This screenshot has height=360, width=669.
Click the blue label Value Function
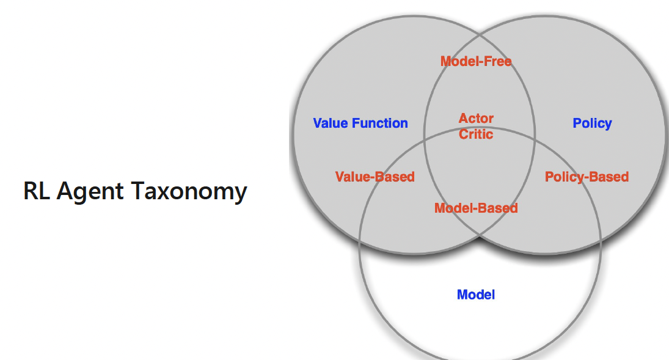pyautogui.click(x=360, y=123)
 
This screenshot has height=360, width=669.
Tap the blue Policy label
pyautogui.click(x=592, y=123)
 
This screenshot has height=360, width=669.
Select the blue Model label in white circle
pyautogui.click(x=476, y=295)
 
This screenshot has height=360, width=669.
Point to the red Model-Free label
pyautogui.click(x=476, y=61)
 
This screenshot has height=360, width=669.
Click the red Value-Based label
pyautogui.click(x=375, y=177)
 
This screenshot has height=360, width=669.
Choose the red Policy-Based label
pyautogui.click(x=587, y=177)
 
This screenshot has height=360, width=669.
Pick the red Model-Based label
pyautogui.click(x=476, y=208)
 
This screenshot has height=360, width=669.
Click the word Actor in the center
pyautogui.click(x=476, y=119)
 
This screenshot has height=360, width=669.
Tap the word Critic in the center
pyautogui.click(x=476, y=134)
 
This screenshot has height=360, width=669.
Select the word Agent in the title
pyautogui.click(x=92, y=191)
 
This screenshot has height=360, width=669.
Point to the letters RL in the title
pyautogui.click(x=37, y=191)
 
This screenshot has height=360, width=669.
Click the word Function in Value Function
pyautogui.click(x=380, y=123)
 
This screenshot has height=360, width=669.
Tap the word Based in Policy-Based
pyautogui.click(x=609, y=177)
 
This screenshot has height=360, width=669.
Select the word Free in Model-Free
pyautogui.click(x=498, y=61)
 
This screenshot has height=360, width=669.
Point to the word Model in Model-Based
pyautogui.click(x=453, y=208)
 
